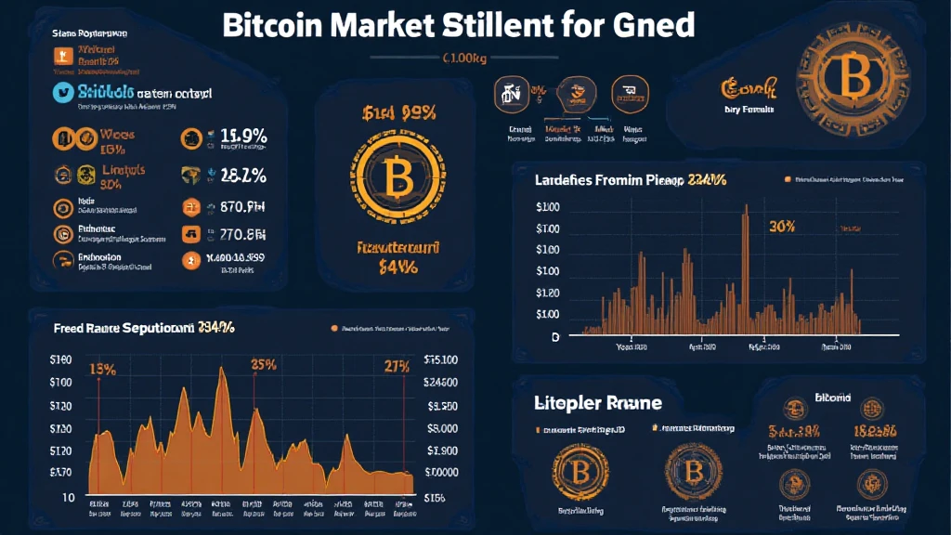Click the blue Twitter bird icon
pyautogui.click(x=63, y=93)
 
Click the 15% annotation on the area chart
pyautogui.click(x=102, y=369)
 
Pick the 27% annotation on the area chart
pyautogui.click(x=397, y=366)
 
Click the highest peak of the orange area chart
pyautogui.click(x=221, y=371)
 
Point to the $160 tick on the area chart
pyautogui.click(x=60, y=359)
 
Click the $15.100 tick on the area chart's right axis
pyautogui.click(x=440, y=359)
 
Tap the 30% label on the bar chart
pyautogui.click(x=784, y=226)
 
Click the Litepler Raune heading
pyautogui.click(x=598, y=403)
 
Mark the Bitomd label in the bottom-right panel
pyautogui.click(x=831, y=398)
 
